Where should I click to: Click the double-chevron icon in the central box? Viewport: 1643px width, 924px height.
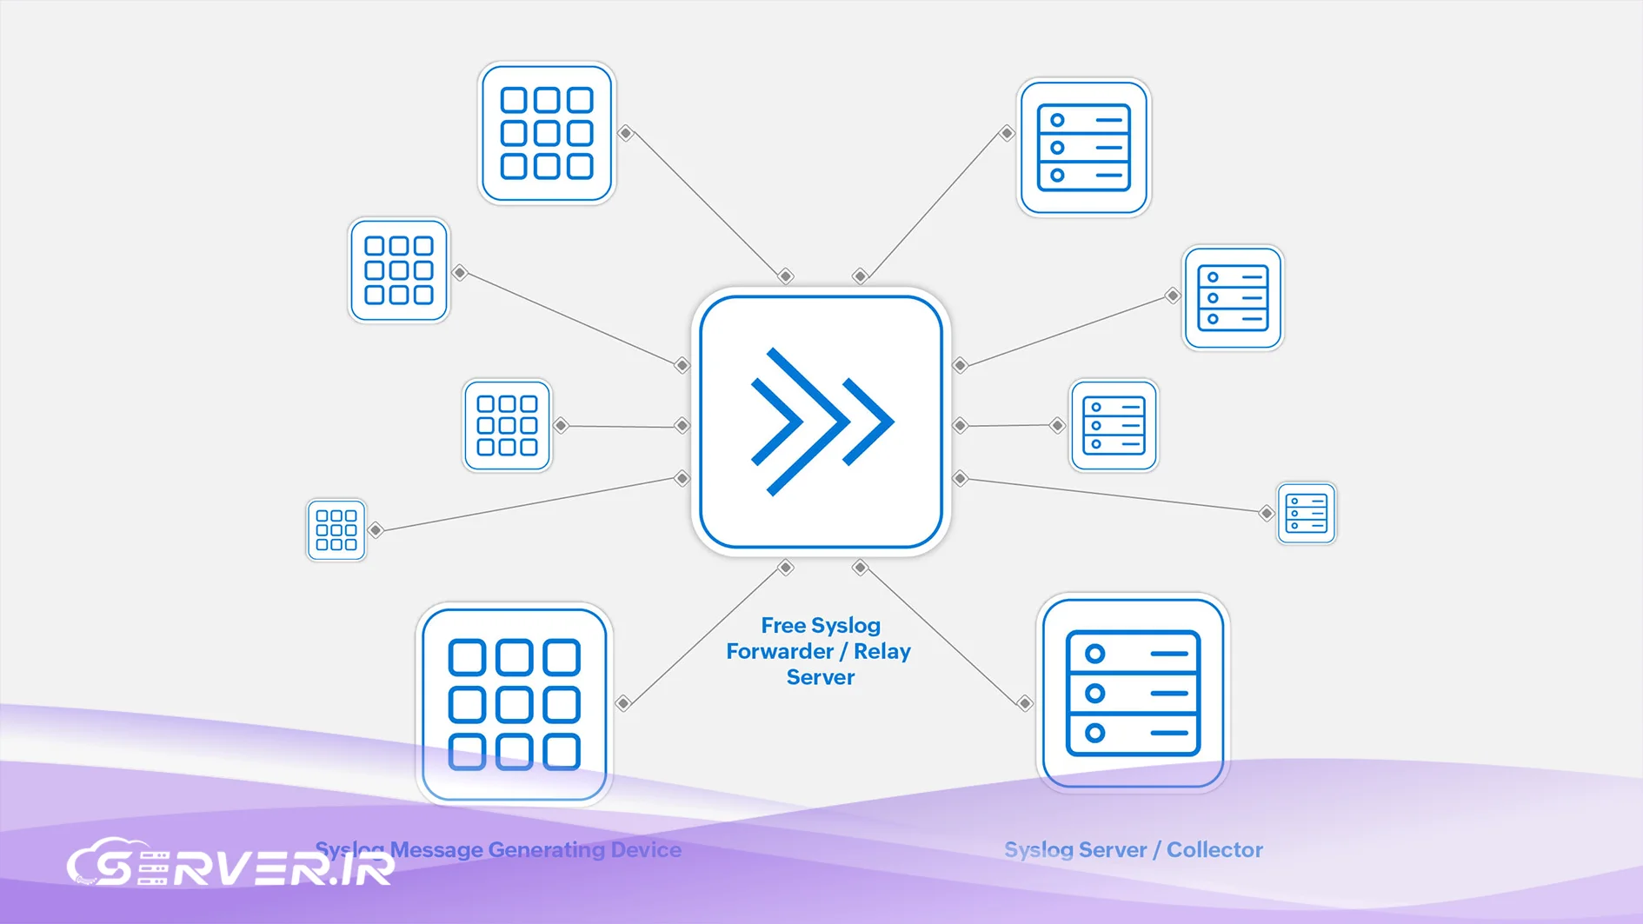pyautogui.click(x=821, y=422)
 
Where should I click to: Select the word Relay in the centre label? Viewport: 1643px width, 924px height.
pyautogui.click(x=881, y=651)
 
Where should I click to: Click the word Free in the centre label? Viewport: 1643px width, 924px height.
pyautogui.click(x=782, y=626)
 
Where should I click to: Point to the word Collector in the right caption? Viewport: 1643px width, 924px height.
pyautogui.click(x=1214, y=849)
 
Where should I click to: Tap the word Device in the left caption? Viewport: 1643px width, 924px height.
pyautogui.click(x=646, y=849)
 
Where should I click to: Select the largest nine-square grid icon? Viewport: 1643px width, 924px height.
pyautogui.click(x=515, y=704)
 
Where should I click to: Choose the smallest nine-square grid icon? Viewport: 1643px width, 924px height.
pyautogui.click(x=336, y=530)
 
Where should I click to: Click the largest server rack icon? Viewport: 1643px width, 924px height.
pyautogui.click(x=1133, y=693)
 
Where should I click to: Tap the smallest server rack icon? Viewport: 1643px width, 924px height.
pyautogui.click(x=1306, y=513)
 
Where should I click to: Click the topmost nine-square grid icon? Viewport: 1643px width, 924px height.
pyautogui.click(x=547, y=133)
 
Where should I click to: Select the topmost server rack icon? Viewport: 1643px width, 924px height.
pyautogui.click(x=1084, y=147)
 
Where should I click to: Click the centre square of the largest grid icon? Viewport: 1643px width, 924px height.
pyautogui.click(x=515, y=704)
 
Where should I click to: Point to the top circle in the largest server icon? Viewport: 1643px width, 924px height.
pyautogui.click(x=1095, y=654)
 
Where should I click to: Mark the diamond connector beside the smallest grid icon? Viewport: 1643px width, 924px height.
pyautogui.click(x=376, y=529)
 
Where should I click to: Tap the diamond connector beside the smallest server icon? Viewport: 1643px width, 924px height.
pyautogui.click(x=1267, y=513)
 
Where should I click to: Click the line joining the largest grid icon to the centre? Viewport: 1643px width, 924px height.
pyautogui.click(x=704, y=635)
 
